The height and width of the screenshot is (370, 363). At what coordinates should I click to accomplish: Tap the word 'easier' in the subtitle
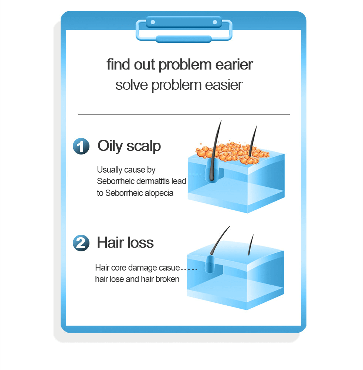(x=224, y=85)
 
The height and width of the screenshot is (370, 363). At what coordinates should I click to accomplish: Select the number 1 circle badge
(x=81, y=146)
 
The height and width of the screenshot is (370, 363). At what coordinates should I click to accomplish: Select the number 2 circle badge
(x=81, y=243)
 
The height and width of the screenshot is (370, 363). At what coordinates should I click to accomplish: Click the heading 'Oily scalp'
(x=129, y=146)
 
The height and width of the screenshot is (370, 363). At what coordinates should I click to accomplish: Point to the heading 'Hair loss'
(x=125, y=242)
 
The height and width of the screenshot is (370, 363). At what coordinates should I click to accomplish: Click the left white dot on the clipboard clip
(x=153, y=22)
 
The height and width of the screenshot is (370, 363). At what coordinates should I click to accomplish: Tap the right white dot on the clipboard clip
(x=215, y=22)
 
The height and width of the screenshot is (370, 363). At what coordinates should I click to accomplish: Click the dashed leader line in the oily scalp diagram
(x=193, y=174)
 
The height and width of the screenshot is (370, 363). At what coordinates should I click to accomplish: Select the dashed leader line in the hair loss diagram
(x=189, y=269)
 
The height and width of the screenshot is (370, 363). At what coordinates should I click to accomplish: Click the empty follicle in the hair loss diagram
(x=210, y=264)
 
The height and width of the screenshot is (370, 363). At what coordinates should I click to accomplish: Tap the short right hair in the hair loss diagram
(x=251, y=245)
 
